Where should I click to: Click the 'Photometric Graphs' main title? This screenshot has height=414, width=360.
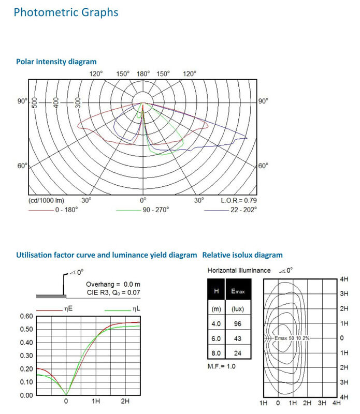click(66, 12)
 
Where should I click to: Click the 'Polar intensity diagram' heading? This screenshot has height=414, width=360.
click(56, 62)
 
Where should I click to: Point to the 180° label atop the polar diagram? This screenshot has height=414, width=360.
click(143, 74)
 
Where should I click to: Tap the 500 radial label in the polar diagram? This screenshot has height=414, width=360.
click(35, 101)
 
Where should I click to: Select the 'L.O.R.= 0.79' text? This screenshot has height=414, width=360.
click(239, 200)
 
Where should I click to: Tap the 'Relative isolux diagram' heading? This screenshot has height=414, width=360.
click(242, 255)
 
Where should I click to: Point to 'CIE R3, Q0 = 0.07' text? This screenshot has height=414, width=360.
click(113, 293)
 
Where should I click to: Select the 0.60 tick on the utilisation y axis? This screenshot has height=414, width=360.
click(26, 316)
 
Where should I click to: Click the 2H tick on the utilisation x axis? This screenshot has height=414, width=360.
click(125, 401)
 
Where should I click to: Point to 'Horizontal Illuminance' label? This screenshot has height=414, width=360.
click(239, 270)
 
